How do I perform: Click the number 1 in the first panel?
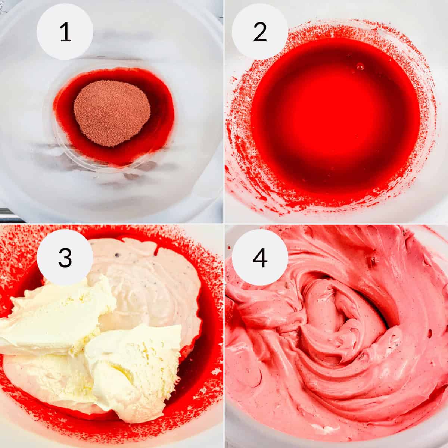tap(65, 32)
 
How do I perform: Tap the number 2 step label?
tap(260, 32)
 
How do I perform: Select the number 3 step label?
tap(65, 258)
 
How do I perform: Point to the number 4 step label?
tap(260, 258)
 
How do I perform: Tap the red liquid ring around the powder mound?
tap(161, 112)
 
